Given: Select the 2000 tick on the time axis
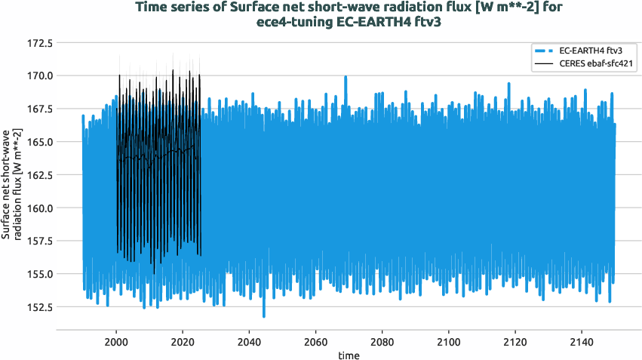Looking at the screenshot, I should [x=116, y=341].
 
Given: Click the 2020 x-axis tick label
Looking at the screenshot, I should [x=183, y=341].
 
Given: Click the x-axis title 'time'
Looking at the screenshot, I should [x=349, y=354].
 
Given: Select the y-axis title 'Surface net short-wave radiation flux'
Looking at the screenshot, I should [x=11, y=186].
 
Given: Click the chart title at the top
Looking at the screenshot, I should [x=349, y=14].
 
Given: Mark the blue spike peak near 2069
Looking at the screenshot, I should [x=346, y=77].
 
